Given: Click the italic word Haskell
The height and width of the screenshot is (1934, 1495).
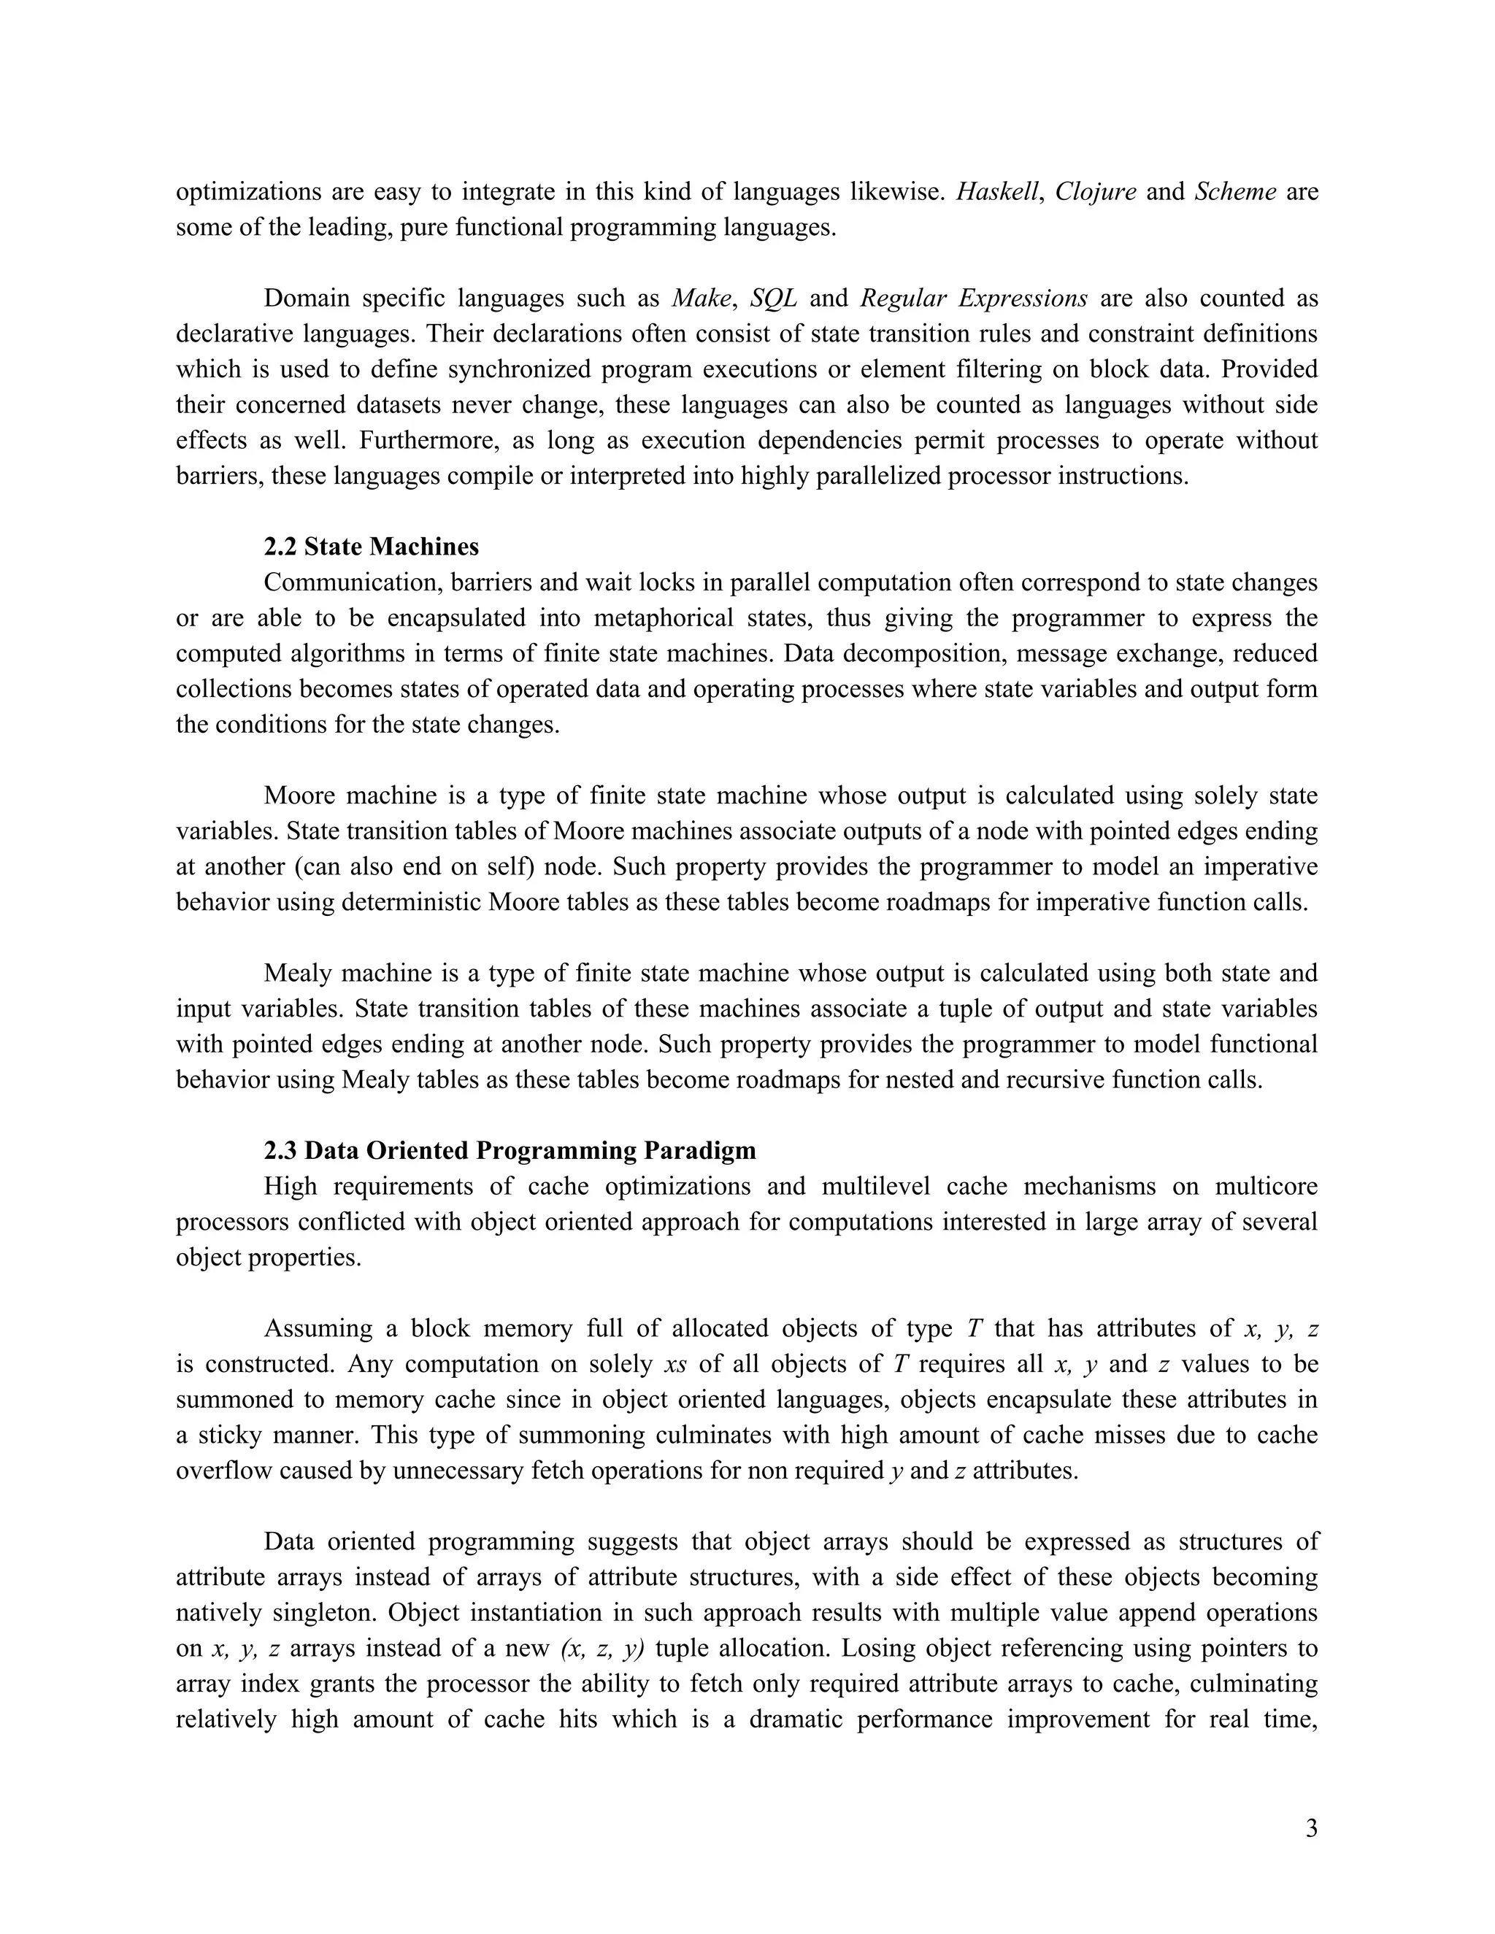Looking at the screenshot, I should coord(996,191).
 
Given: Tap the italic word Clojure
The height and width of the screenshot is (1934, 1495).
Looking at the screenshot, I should coord(1096,191).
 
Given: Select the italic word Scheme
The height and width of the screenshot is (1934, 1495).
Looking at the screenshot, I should coord(1234,191).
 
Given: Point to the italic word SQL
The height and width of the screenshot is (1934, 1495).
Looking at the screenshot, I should coord(773,298).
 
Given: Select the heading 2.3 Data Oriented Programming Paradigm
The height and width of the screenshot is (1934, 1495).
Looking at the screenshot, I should coord(510,1150).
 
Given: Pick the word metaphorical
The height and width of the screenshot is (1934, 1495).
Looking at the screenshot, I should coord(651,618).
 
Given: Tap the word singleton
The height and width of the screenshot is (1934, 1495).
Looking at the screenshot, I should coord(324,1613).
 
